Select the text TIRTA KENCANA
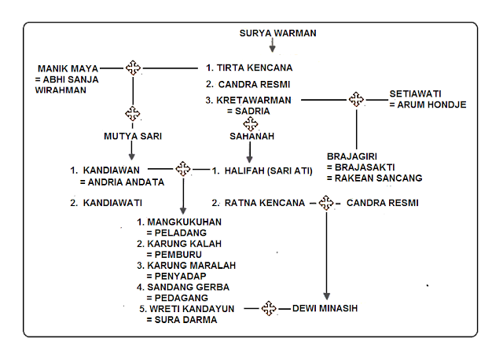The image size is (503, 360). [x=256, y=68]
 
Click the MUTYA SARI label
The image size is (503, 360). [x=133, y=136]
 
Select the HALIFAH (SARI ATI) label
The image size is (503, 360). [x=270, y=168]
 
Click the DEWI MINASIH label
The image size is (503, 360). [x=325, y=308]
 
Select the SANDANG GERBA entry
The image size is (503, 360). [x=185, y=288]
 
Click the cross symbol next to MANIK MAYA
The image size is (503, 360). [x=133, y=68]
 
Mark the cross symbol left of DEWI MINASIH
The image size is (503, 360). [x=269, y=308]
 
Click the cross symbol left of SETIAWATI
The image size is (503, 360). [x=356, y=100]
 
